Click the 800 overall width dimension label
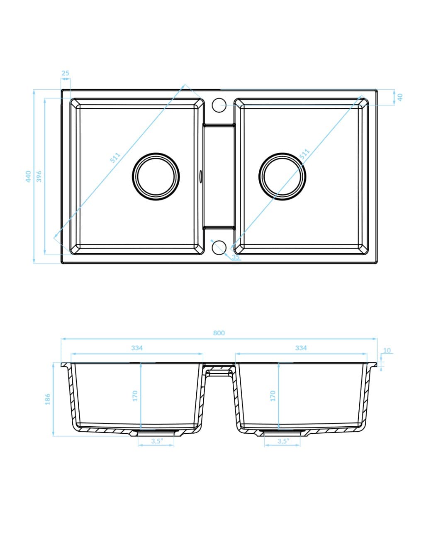pyautogui.click(x=219, y=333)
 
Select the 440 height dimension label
pyautogui.click(x=28, y=176)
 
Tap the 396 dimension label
pyautogui.click(x=39, y=176)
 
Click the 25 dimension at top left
pyautogui.click(x=66, y=73)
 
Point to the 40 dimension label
pyautogui.click(x=400, y=97)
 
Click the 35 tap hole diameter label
pyautogui.click(x=236, y=257)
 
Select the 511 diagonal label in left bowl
pyautogui.click(x=115, y=158)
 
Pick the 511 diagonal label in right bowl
pyautogui.click(x=304, y=154)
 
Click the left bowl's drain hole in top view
pyautogui.click(x=156, y=176)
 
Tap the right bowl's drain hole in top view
pyautogui.click(x=282, y=176)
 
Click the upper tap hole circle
pyautogui.click(x=219, y=105)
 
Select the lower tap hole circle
pyautogui.click(x=219, y=247)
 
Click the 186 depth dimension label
pyautogui.click(x=48, y=399)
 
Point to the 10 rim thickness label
pyautogui.click(x=387, y=350)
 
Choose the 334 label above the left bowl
pyautogui.click(x=137, y=348)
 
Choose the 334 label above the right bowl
pyautogui.click(x=301, y=348)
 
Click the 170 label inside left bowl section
pyautogui.click(x=135, y=396)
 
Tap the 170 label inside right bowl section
pyautogui.click(x=273, y=396)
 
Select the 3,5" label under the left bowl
pyautogui.click(x=156, y=441)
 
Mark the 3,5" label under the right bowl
pyautogui.click(x=282, y=441)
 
